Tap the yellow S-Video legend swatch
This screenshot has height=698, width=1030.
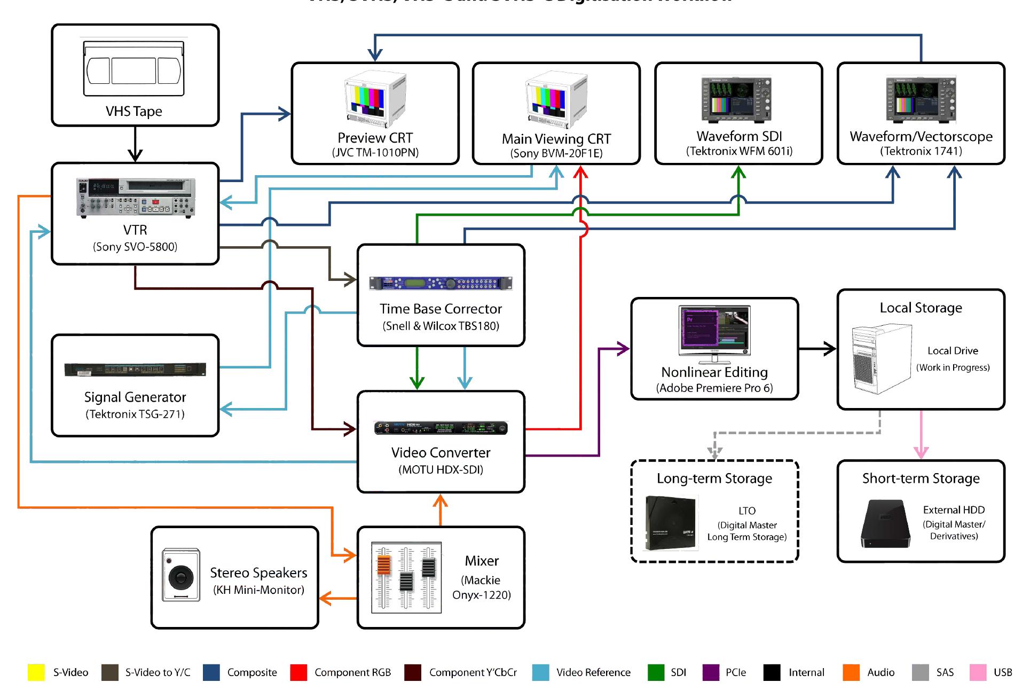click(36, 672)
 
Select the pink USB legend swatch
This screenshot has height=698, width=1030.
click(978, 672)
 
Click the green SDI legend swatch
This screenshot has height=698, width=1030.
click(656, 672)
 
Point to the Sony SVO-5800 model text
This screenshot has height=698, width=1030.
click(135, 247)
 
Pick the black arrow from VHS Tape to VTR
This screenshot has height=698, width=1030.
click(135, 145)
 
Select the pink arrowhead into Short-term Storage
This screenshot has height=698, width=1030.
click(921, 452)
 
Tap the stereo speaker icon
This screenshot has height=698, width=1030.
click(182, 575)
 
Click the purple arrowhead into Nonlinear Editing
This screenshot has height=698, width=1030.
click(623, 349)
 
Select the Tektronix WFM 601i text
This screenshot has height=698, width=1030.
click(739, 151)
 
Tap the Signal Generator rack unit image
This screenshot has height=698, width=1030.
click(135, 370)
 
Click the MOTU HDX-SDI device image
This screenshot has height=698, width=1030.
click(441, 428)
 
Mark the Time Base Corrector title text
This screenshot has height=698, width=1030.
click(441, 309)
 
